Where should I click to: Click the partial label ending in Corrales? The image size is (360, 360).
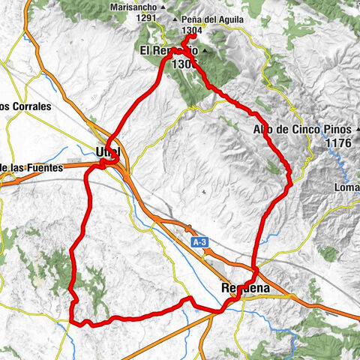(25, 106)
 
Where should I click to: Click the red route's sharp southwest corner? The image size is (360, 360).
(73, 322)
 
